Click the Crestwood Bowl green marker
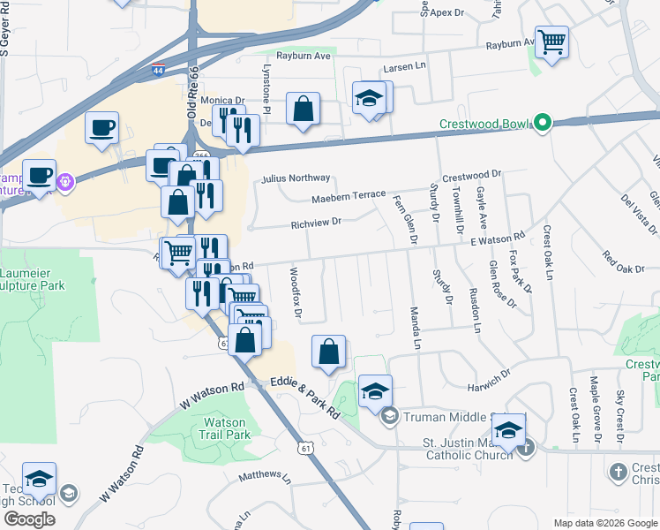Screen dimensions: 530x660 pos(543,124)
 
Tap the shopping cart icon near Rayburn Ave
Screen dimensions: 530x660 pos(551,42)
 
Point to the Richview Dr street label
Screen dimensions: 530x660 pos(316,223)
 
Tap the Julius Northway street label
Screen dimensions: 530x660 pos(296,178)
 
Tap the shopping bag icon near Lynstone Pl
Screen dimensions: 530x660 pos(303,110)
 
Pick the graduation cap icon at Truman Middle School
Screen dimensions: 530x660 pos(375,390)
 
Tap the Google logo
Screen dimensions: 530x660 pos(29,519)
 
